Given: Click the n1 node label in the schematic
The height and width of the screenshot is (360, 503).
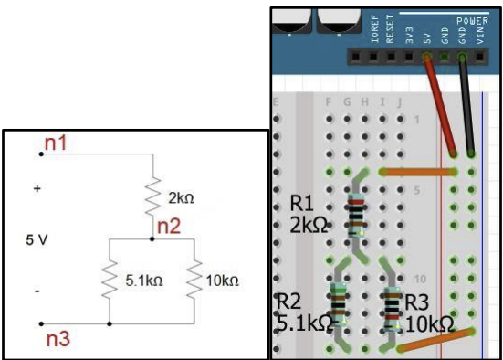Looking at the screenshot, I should [56, 143].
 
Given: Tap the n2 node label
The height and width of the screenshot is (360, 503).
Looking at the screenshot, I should [168, 226].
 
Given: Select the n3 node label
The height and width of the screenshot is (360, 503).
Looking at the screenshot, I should [60, 340].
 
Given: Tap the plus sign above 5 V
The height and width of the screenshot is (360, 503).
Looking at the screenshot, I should [37, 189].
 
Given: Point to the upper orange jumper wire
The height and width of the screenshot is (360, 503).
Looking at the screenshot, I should [417, 171].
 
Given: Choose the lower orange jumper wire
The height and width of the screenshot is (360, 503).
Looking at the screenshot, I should [436, 338].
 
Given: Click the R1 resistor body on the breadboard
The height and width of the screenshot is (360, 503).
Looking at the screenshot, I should [355, 216].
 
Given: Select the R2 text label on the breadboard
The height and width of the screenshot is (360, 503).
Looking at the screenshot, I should [289, 302].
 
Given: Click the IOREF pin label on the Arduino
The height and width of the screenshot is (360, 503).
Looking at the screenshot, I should [375, 31].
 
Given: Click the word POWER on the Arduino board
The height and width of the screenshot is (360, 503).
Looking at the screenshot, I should [472, 18].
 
